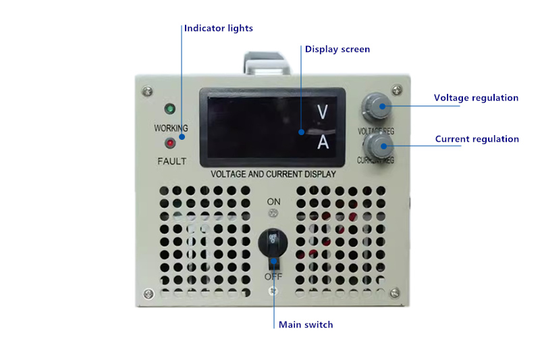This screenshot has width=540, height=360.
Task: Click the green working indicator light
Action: click(170, 109)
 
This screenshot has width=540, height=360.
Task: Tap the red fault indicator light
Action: click(170, 143)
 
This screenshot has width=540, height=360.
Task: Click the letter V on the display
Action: click(323, 112)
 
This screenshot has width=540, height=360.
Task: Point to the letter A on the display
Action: click(323, 143)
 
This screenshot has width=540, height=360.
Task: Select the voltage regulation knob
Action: click(376, 105)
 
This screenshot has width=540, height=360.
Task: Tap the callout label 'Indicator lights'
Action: click(219, 28)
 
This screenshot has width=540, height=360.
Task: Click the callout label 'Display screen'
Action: click(337, 49)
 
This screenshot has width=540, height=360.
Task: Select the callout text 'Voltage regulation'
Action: click(476, 98)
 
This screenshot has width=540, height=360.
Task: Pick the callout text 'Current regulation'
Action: click(477, 139)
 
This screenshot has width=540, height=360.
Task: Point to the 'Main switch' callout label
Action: click(306, 325)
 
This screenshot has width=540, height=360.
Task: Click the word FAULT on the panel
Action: click(171, 161)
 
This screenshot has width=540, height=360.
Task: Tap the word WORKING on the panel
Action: click(171, 128)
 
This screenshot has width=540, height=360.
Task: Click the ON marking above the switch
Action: click(273, 201)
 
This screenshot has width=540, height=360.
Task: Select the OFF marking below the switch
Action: click(273, 277)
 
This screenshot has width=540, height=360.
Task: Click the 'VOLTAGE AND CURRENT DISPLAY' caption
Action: click(273, 174)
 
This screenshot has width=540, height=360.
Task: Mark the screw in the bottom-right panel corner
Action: click(397, 292)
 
